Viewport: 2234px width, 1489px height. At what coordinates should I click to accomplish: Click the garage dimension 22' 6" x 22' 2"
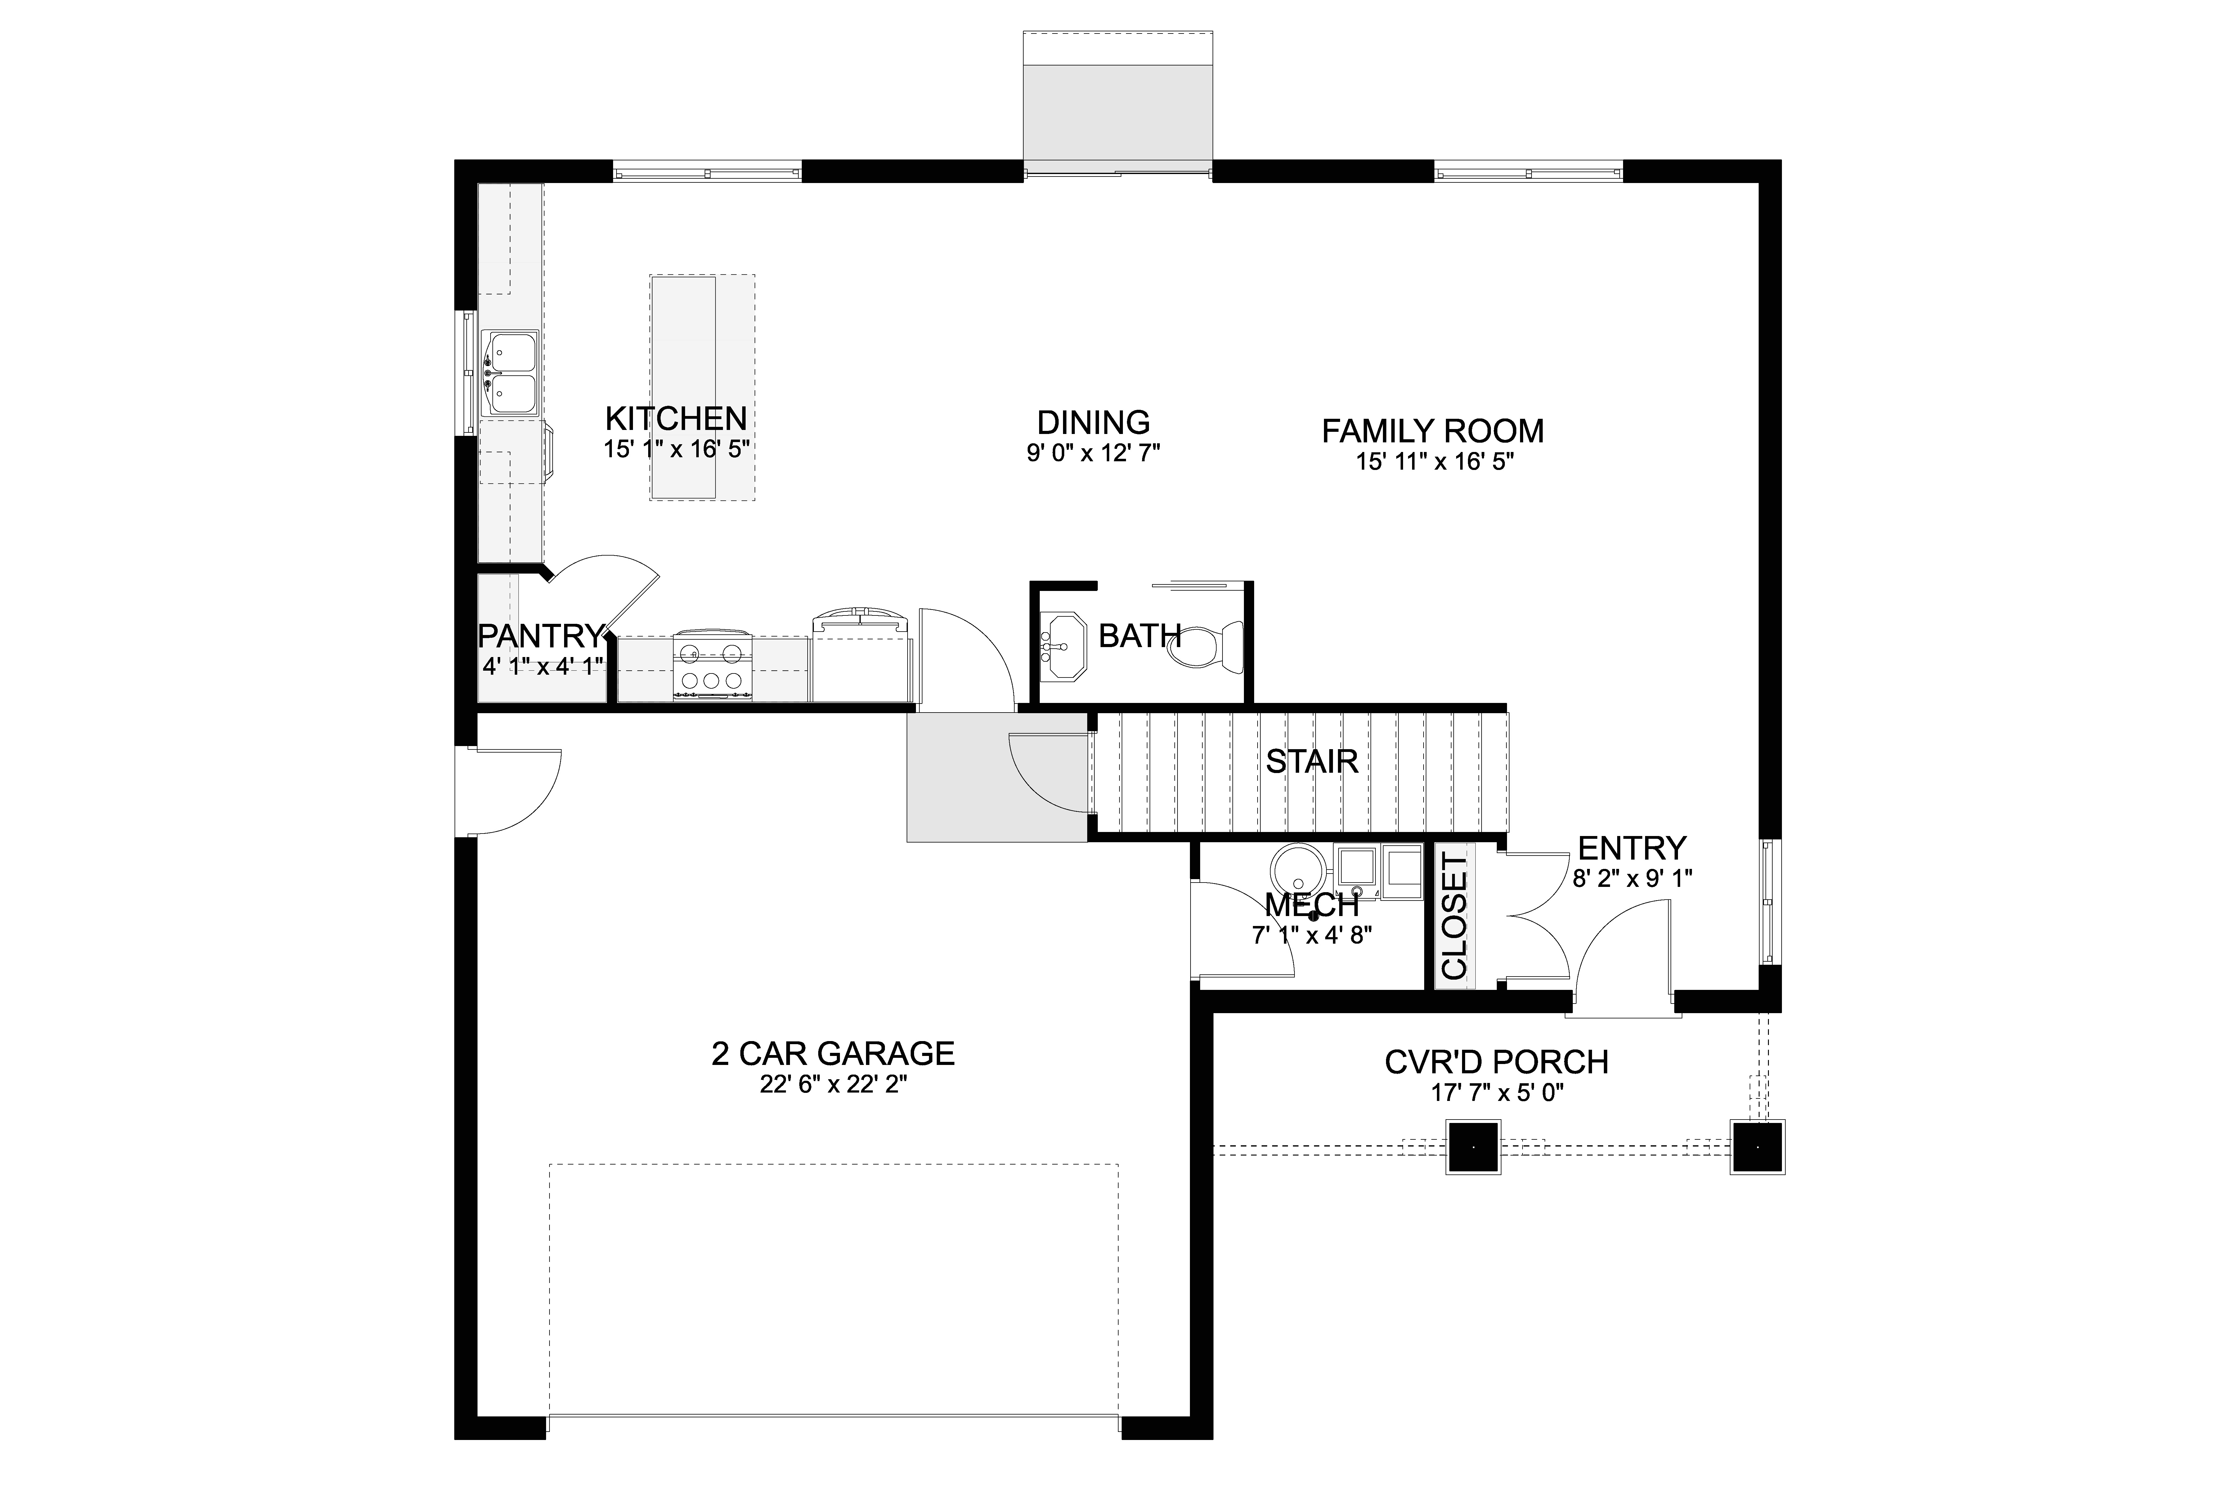833,1085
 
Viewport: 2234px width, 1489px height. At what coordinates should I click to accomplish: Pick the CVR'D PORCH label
1497,1062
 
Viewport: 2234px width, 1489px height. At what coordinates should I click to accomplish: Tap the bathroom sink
1064,646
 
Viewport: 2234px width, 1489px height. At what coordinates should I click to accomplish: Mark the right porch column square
1757,1147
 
